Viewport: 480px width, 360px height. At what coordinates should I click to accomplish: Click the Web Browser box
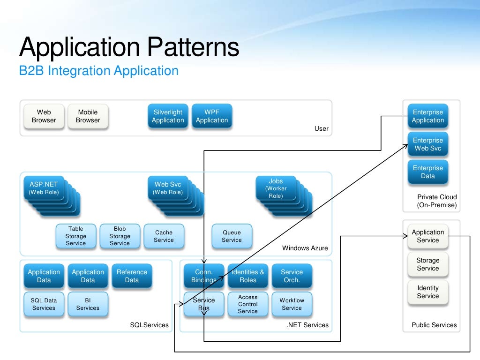pos(44,116)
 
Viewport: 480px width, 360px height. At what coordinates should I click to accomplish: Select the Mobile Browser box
pos(88,116)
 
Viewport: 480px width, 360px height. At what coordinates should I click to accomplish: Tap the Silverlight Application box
pos(168,116)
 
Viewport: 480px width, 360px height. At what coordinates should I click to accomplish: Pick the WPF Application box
pos(212,116)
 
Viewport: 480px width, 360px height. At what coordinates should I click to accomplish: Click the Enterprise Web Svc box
pos(427,144)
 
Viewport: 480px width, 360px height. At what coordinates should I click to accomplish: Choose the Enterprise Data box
pos(427,172)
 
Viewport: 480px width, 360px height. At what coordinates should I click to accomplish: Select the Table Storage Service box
pos(75,236)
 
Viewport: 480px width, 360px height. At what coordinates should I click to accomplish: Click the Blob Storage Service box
pos(120,236)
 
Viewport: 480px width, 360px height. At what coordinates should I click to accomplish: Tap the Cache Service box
pos(164,236)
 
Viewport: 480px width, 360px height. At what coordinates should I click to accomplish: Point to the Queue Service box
pos(232,236)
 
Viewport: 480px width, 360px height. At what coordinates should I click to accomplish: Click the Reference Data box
pos(132,276)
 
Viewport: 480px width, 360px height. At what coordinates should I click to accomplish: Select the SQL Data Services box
pos(44,304)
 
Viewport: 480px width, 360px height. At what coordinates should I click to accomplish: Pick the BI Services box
pos(88,304)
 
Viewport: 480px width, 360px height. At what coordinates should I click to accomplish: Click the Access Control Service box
pos(247,304)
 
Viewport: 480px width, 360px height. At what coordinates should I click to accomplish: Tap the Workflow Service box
pos(292,304)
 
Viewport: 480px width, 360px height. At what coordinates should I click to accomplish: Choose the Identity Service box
pos(427,292)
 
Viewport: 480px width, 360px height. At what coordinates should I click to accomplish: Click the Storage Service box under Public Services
pos(427,264)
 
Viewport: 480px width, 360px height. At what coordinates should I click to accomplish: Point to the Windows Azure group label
pos(305,248)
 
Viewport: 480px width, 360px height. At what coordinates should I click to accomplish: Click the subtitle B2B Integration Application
pos(98,71)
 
